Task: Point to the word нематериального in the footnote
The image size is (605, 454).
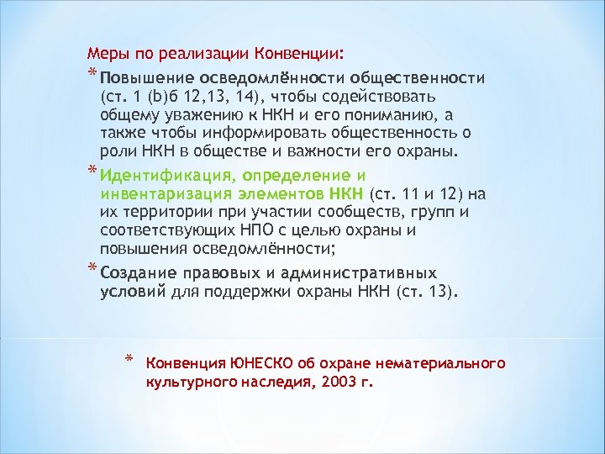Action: (454, 363)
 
